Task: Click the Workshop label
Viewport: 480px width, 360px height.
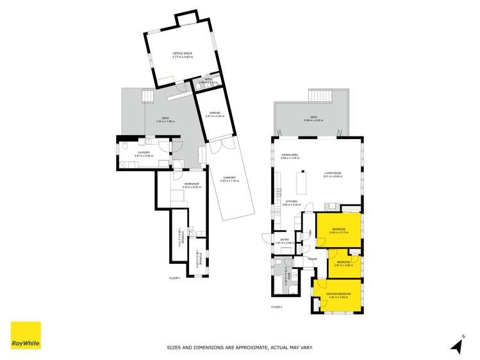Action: pos(192,184)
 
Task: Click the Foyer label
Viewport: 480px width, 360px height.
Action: pos(312,259)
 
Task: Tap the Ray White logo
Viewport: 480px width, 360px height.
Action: pos(26,336)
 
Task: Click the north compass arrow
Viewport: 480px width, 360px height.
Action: pos(457,345)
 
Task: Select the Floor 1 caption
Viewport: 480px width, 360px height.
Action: pos(174,279)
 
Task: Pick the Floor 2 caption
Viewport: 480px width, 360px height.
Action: pos(277,307)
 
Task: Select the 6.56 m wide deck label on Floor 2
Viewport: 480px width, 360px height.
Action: pos(313,119)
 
